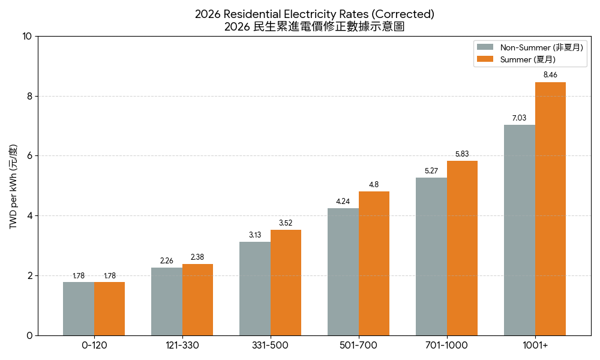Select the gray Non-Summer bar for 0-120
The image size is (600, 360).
[x=79, y=308]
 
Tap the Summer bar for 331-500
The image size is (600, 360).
[x=286, y=283]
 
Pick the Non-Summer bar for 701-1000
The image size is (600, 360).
[x=431, y=256]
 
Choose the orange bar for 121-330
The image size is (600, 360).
[x=197, y=299]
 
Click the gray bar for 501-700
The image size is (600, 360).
[x=343, y=272]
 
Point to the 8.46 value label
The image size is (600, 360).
[x=550, y=75]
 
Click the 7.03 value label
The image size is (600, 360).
[x=519, y=118]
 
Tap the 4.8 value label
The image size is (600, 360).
[x=374, y=185]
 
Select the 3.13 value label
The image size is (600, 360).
[x=255, y=235]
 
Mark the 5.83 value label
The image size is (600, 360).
[x=462, y=154]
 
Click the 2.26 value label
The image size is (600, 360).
[x=167, y=261]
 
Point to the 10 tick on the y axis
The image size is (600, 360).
[x=27, y=36]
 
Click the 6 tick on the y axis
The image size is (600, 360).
[x=29, y=156]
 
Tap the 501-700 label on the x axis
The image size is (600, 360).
[x=358, y=346]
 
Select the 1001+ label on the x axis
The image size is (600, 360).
[x=535, y=346]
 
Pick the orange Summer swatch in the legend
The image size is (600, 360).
[x=485, y=59]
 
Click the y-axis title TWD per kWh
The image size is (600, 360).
[x=13, y=186]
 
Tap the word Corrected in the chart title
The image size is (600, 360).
[x=403, y=14]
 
